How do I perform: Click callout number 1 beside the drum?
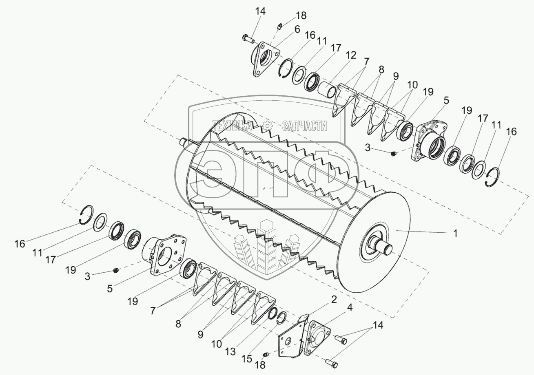tap(455, 234)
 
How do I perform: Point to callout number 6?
tap(297, 29)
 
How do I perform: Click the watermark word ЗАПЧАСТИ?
tap(304, 126)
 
